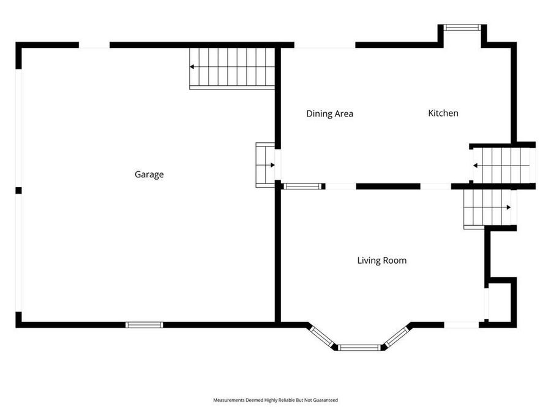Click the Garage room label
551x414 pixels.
click(x=149, y=174)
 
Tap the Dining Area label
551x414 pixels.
click(x=329, y=113)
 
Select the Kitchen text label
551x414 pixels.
click(x=443, y=113)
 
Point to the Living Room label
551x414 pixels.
click(x=381, y=260)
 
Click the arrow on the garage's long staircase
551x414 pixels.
click(x=193, y=66)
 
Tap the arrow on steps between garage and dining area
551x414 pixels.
click(x=272, y=164)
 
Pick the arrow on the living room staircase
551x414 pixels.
click(x=508, y=207)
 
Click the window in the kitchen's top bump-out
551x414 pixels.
click(x=462, y=27)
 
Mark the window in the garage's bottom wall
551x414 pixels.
click(x=144, y=324)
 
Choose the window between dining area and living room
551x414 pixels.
click(x=302, y=186)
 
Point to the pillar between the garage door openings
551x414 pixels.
click(x=18, y=190)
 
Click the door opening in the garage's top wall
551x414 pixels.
click(x=94, y=45)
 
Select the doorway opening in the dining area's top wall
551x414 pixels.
click(x=324, y=45)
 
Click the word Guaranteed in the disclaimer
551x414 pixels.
click(x=325, y=400)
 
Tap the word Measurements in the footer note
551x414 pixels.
click(x=228, y=400)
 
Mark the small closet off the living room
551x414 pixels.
click(x=501, y=302)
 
